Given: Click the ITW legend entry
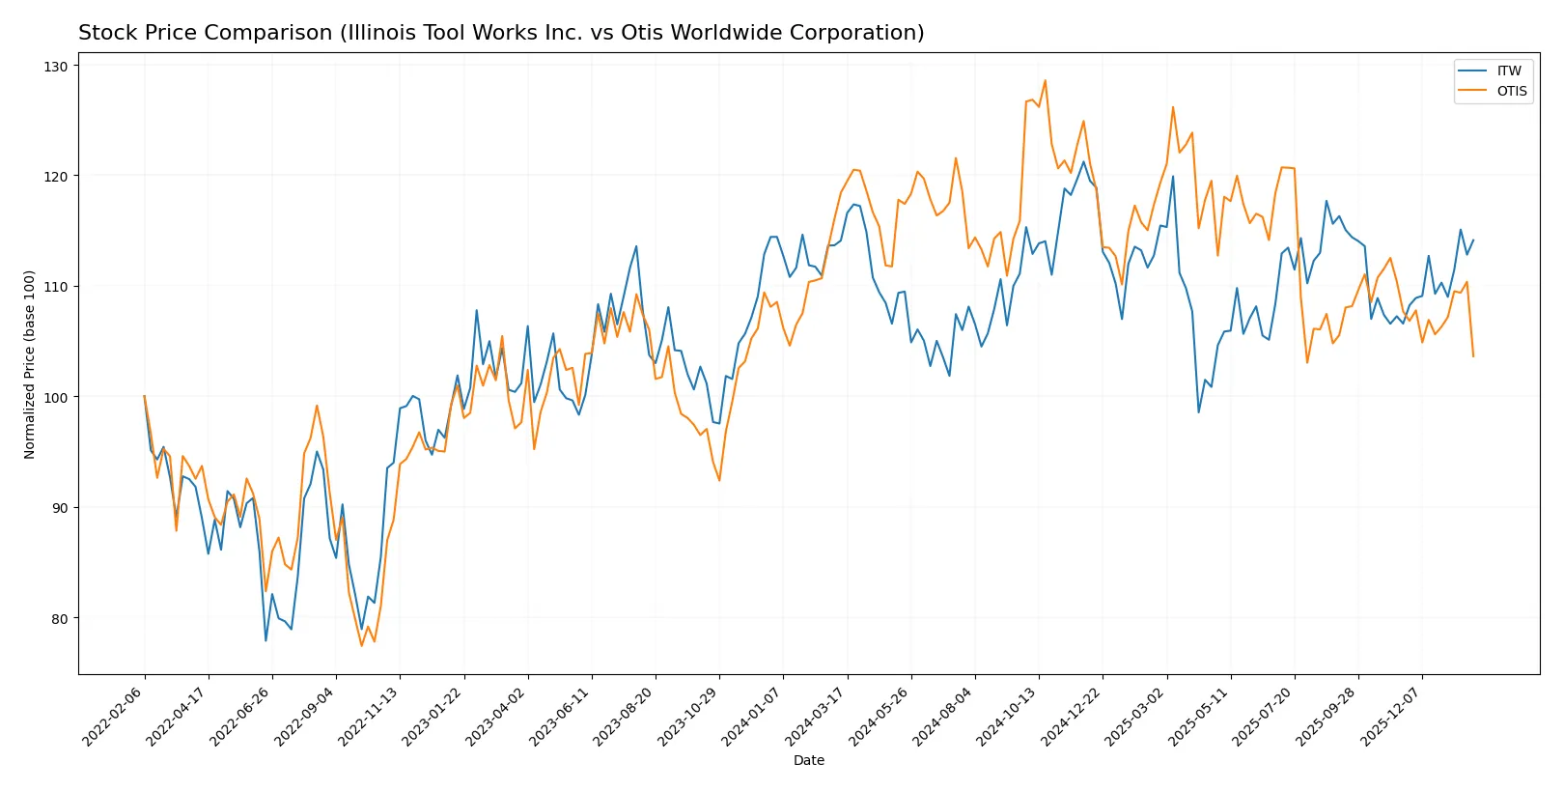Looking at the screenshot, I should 1508,71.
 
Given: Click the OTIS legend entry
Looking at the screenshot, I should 1511,91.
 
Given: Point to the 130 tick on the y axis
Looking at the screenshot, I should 56,67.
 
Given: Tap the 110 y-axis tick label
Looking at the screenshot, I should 56,287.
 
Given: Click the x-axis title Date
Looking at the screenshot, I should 808,761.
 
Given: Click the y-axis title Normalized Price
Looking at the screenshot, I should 30,364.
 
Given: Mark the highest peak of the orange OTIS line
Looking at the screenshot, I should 1045,80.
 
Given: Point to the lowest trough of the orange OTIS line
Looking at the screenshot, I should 362,645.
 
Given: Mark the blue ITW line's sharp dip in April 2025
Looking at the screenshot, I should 1199,412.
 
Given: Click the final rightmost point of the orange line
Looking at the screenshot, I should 1473,356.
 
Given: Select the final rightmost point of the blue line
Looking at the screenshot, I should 1473,240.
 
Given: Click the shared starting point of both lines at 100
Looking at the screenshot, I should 145,396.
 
